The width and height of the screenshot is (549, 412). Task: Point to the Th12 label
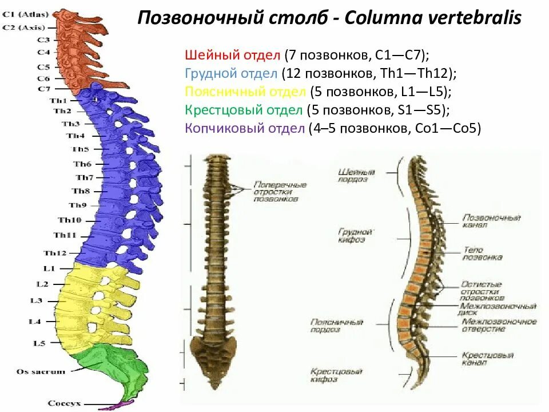[55, 253]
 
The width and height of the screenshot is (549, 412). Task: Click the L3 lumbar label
[35, 300]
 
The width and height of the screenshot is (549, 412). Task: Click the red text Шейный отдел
[232, 56]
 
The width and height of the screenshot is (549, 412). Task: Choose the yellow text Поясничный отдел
[246, 92]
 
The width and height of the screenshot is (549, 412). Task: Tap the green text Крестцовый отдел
[244, 110]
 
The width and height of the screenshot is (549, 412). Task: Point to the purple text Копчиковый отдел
[244, 129]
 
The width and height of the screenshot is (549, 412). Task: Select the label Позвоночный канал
[491, 221]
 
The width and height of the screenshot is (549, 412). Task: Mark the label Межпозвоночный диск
[498, 310]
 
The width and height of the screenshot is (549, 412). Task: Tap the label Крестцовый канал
[484, 359]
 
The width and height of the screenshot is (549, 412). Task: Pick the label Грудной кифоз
[355, 236]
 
